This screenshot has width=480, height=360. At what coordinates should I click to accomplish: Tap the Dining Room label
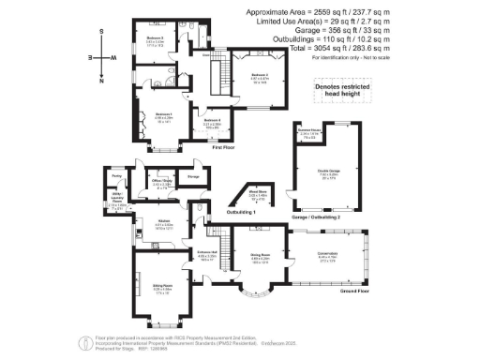coord(260,254)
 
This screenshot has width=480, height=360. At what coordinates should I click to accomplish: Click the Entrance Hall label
coord(208,253)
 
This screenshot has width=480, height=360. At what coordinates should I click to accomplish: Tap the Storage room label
coord(195,176)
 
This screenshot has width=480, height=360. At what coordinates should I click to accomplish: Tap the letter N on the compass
coord(101,81)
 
